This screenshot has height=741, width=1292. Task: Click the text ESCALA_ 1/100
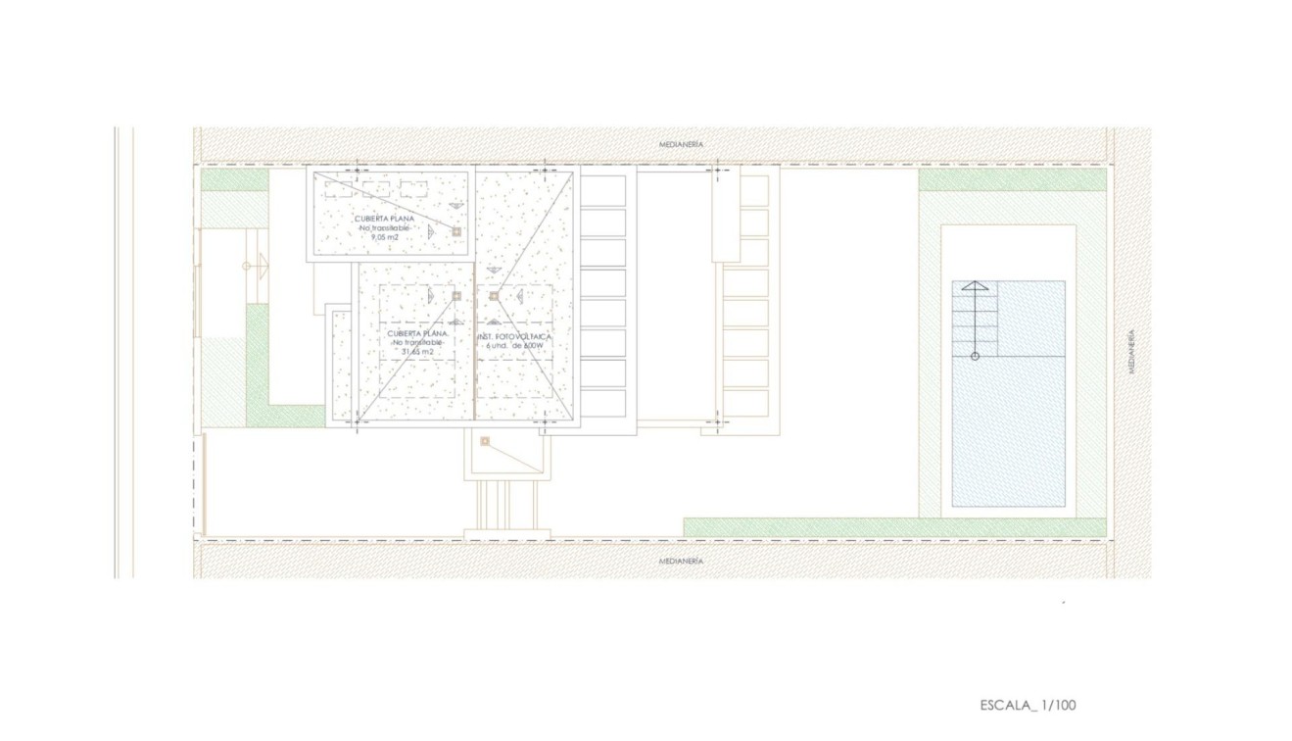click(x=1028, y=705)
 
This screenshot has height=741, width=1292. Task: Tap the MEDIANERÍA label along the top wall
click(x=681, y=144)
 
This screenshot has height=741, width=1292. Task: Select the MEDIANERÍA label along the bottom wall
click(x=681, y=562)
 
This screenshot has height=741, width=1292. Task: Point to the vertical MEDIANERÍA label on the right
click(x=1131, y=352)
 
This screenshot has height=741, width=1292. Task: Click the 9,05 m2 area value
click(x=384, y=237)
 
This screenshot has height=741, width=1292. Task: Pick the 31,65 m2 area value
click(x=418, y=351)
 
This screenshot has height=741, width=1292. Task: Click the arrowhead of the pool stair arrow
click(x=975, y=285)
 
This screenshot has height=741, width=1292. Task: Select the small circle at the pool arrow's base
click(x=975, y=356)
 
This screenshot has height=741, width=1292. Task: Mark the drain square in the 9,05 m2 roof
click(x=456, y=231)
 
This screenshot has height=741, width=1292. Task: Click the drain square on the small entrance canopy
click(x=485, y=442)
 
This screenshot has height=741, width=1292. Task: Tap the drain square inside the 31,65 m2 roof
click(x=456, y=295)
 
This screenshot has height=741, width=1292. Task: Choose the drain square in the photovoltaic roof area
click(x=494, y=295)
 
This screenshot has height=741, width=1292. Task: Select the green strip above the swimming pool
click(x=1012, y=179)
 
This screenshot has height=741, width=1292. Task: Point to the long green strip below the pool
click(x=893, y=528)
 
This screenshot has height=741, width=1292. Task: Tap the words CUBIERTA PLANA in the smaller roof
click(x=384, y=219)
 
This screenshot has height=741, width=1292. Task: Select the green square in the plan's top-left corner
click(x=235, y=180)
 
